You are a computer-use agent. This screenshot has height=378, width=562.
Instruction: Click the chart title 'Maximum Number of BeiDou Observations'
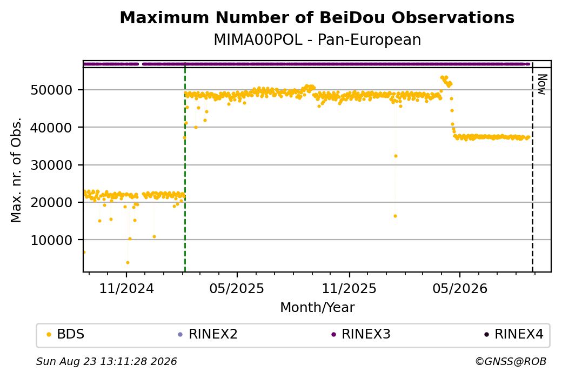[317, 17]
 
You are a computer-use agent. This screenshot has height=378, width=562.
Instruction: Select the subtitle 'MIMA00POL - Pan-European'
[317, 39]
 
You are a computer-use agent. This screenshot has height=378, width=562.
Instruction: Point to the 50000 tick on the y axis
[52, 90]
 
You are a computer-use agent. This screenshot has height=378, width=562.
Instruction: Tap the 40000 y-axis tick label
[52, 127]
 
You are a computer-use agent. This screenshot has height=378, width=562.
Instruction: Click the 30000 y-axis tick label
[52, 165]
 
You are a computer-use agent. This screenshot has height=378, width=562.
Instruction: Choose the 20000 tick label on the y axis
[52, 202]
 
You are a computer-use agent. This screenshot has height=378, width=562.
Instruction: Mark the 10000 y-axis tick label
[52, 240]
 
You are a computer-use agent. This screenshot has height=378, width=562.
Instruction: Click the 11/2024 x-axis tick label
[126, 288]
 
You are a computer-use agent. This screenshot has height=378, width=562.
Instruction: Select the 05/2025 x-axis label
[237, 288]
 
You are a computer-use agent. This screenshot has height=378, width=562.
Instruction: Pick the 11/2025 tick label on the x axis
[350, 288]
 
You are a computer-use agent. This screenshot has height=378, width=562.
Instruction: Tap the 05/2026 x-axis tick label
[460, 288]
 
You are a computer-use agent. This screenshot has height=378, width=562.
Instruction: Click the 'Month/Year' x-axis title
[317, 307]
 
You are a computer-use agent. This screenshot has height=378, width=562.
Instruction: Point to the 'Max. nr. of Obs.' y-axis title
[16, 170]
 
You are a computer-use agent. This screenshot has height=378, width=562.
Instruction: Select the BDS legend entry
[66, 334]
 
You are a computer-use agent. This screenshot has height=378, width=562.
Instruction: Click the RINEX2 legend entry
[208, 334]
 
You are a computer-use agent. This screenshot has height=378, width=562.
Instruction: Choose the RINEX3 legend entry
[361, 334]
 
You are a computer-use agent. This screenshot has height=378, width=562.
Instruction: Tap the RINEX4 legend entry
[514, 334]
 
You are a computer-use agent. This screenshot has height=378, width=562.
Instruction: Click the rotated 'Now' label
[543, 85]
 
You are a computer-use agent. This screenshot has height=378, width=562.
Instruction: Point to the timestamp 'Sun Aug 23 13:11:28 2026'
[106, 361]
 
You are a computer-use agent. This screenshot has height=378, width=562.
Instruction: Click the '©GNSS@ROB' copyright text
[511, 361]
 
